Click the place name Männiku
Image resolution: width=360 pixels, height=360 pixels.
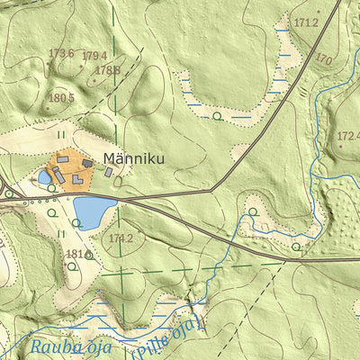click(133, 159)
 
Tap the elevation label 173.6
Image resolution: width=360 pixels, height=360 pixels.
click(60, 53)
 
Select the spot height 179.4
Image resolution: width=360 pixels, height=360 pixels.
click(94, 56)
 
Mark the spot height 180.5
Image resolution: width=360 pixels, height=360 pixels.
click(61, 97)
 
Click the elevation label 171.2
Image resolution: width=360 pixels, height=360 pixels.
click(306, 22)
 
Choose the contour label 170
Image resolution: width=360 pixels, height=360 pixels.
click(324, 60)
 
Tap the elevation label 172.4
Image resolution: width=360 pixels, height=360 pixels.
click(347, 137)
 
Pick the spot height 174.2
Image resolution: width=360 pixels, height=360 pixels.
click(121, 238)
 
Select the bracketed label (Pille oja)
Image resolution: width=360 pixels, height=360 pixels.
click(168, 336)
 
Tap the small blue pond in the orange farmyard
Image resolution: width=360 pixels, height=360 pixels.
click(44, 177)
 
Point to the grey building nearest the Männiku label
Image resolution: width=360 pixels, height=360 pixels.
click(110, 171)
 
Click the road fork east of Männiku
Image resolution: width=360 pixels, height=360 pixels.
click(211, 190)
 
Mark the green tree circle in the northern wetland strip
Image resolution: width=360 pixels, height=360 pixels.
click(217, 116)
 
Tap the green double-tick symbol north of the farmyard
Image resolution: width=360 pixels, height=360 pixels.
click(61, 134)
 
